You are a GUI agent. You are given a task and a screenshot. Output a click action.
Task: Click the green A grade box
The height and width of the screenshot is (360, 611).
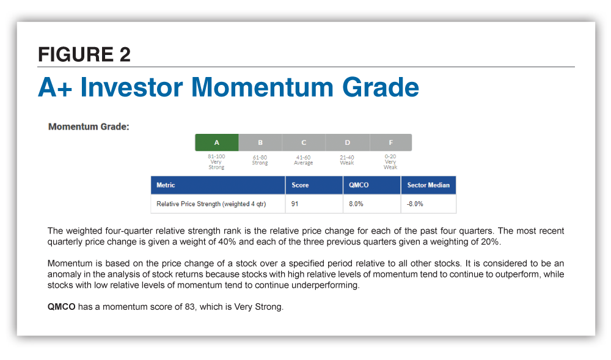(217, 142)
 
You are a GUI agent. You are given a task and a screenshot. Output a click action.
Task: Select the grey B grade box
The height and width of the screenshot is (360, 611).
(260, 142)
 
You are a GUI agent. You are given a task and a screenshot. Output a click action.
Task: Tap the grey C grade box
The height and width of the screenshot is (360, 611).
(304, 142)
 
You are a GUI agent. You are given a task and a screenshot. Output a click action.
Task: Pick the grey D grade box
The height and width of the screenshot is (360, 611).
(348, 142)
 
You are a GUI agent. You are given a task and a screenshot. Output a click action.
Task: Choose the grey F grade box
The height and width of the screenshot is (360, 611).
(391, 142)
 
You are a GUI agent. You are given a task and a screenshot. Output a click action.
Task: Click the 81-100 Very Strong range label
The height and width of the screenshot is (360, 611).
(216, 162)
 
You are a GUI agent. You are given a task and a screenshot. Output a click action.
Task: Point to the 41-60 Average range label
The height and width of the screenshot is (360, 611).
(303, 160)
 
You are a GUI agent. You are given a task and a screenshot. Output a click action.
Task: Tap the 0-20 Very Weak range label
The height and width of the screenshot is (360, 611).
(390, 162)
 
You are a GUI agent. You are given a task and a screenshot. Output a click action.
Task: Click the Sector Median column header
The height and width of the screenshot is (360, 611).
(428, 185)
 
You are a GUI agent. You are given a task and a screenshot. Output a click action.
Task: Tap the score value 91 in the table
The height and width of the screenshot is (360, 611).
(295, 204)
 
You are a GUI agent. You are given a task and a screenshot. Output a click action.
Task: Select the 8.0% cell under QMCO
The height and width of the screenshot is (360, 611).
(356, 204)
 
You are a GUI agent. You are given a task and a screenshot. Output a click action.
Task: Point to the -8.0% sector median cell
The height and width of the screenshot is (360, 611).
(415, 204)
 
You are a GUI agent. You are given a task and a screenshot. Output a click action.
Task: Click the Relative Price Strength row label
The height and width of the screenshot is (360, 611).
(211, 204)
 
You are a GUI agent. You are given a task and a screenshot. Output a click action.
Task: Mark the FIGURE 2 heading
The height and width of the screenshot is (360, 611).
(84, 54)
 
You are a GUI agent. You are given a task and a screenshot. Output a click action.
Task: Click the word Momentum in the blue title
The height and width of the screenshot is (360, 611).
(262, 87)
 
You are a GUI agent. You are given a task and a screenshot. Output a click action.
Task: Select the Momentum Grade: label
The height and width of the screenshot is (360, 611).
(89, 127)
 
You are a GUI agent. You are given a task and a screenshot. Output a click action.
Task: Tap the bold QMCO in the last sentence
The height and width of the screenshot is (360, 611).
(61, 307)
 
